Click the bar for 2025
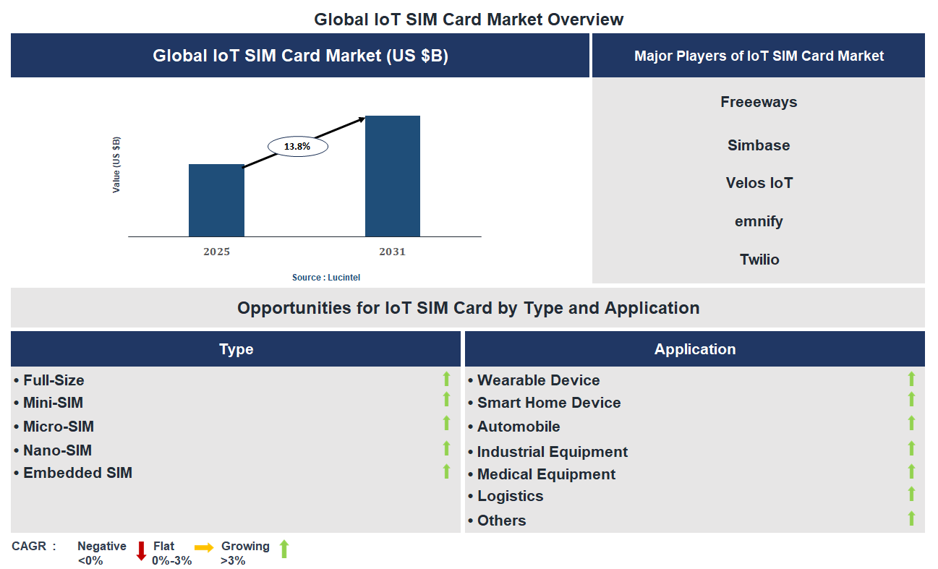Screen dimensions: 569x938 pos(216,200)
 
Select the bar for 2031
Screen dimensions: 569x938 pos(392,176)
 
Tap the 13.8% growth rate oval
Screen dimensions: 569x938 pos(297,147)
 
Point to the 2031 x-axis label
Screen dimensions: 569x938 pos(392,252)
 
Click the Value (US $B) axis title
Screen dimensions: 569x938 pos(116,165)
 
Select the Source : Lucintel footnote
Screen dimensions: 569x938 pos(325,278)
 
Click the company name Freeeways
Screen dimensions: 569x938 pos(759,102)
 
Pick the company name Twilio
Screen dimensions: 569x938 pos(759,260)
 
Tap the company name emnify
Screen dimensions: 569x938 pos(759,221)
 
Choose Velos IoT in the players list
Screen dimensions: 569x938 pos(759,183)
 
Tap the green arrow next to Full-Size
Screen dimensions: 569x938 pos(446,379)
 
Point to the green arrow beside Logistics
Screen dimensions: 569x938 pos(911,495)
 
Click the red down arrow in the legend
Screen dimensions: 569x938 pos(141,551)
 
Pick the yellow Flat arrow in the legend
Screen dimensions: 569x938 pos(204,547)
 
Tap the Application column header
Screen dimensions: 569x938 pos(694,349)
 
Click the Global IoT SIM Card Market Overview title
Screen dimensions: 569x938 pos(469,20)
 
